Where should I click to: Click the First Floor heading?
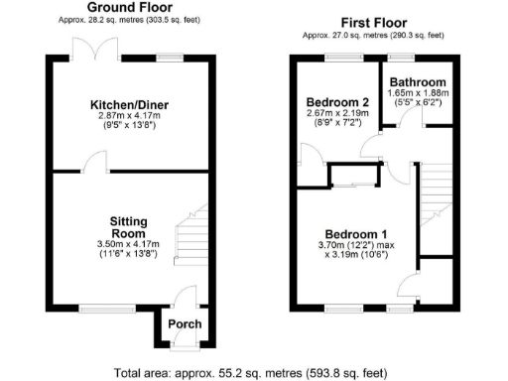[x=375, y=22]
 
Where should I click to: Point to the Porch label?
[x=184, y=324]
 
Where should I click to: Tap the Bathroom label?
[x=418, y=82]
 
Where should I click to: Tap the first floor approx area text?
[x=375, y=35]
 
